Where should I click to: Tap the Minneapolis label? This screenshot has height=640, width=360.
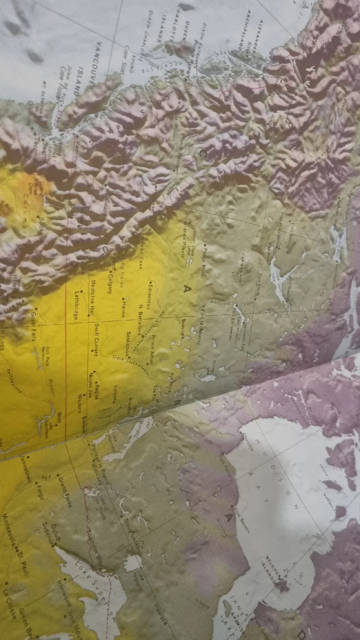pyautogui.click(x=9, y=533)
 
